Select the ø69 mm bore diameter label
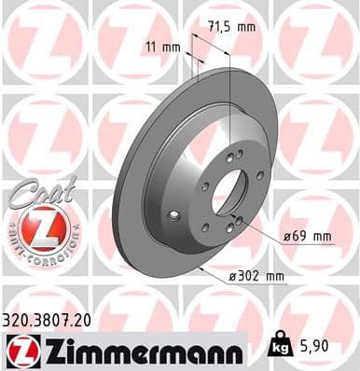[x=307, y=236]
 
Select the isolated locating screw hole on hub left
[x=174, y=215]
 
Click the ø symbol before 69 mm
[x=287, y=236]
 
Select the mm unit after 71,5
[x=246, y=27]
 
